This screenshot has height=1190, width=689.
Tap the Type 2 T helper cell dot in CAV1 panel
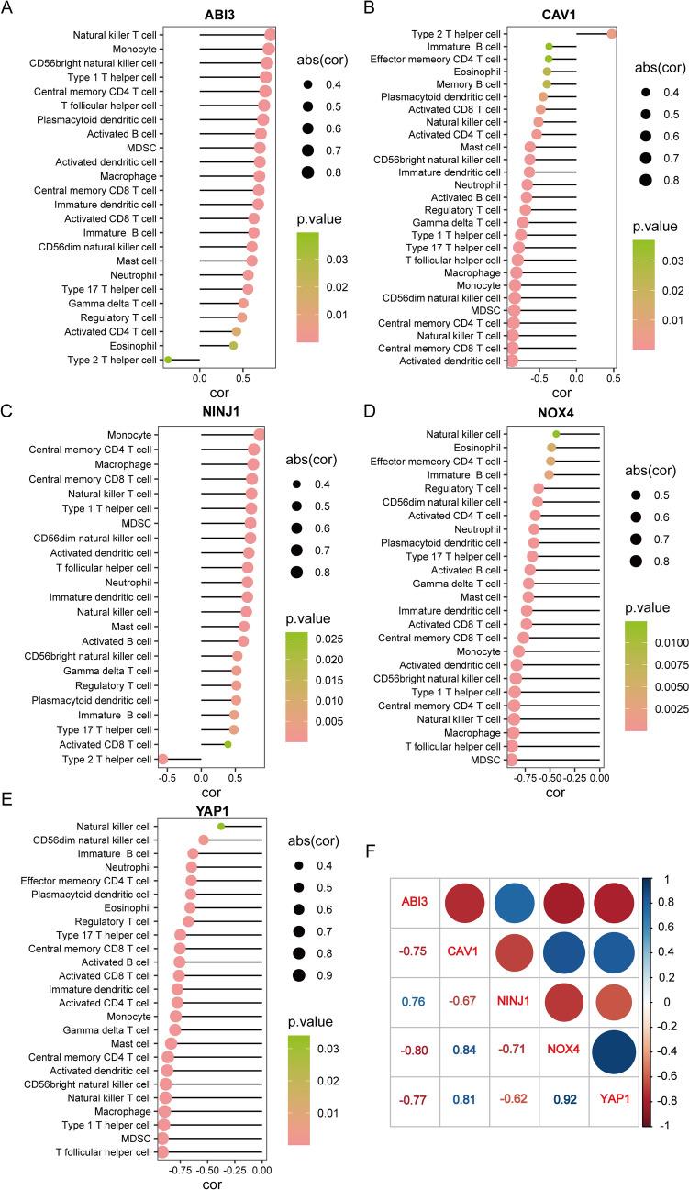611,34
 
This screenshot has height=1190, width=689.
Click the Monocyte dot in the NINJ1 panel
259,435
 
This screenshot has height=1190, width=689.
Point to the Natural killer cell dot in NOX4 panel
556,434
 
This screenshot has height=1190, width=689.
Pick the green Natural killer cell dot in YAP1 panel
221,827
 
